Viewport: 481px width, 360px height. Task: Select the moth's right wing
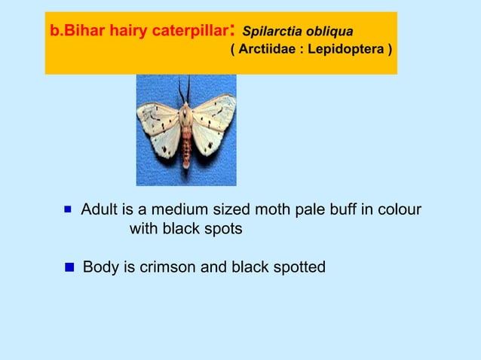pyautogui.click(x=213, y=124)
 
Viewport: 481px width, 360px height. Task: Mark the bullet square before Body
pyautogui.click(x=69, y=267)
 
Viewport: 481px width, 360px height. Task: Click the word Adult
pyautogui.click(x=100, y=209)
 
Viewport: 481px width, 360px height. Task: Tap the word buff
pyautogui.click(x=342, y=209)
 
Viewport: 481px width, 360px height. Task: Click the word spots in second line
pyautogui.click(x=223, y=229)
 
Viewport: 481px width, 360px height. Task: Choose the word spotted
pyautogui.click(x=298, y=267)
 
